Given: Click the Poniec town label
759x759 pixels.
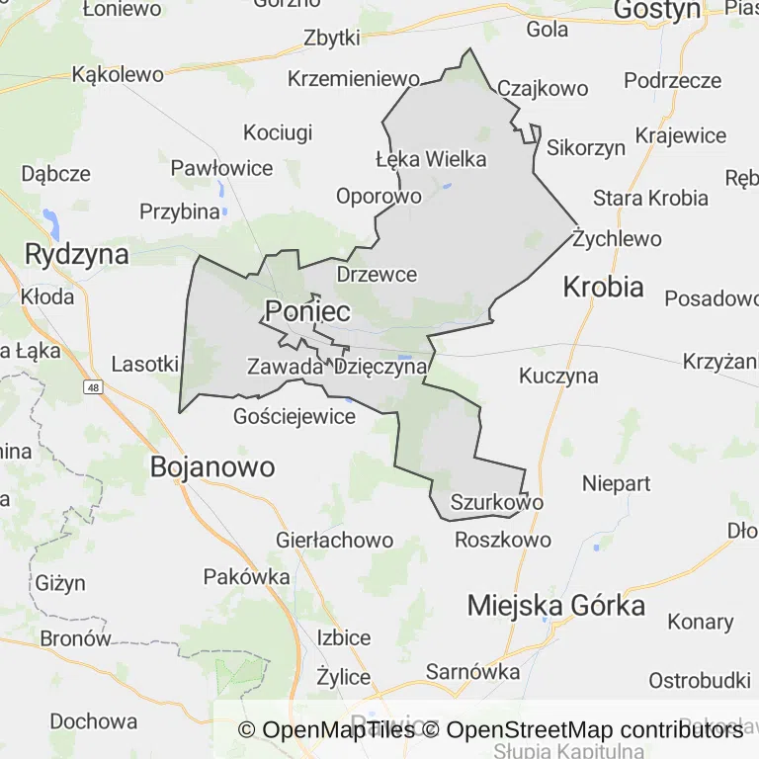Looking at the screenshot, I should point(306,311).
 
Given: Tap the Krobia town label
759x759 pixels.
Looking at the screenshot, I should point(603,287).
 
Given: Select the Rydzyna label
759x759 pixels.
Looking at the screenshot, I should point(77,254).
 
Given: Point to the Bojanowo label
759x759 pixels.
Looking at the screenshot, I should point(212,466).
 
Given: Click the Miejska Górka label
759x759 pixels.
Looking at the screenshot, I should point(556,605).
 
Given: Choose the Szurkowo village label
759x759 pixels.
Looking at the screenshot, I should point(496,502).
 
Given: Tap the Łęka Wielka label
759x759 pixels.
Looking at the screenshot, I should point(431,158).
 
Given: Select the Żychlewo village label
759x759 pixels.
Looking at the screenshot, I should point(618,238).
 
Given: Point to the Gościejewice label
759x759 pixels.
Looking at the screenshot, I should point(295,416).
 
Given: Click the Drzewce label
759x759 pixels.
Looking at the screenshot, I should point(377,274).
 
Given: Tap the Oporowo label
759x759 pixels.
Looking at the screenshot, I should point(379,196).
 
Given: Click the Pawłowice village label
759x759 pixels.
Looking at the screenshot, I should point(221,168).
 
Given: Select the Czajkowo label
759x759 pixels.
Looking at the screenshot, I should point(543,89).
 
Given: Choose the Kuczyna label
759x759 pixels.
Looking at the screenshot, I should point(558,376).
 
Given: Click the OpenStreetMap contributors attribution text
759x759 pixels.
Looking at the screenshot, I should point(595,730).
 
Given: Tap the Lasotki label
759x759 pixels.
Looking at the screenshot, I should point(144,364).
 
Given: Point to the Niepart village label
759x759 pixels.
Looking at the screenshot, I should point(617,483).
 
